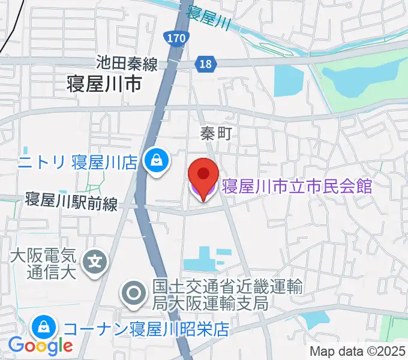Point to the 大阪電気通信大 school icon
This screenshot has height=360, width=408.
95,262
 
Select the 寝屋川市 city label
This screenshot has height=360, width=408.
106,85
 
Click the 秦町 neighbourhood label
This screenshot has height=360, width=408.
215,134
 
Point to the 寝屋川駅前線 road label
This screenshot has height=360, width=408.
71,200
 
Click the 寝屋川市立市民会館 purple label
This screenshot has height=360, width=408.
297,185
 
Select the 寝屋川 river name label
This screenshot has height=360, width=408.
209,18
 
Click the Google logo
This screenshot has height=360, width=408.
40,346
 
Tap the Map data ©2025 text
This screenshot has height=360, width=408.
357,351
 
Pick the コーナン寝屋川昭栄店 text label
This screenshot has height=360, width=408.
146,329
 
